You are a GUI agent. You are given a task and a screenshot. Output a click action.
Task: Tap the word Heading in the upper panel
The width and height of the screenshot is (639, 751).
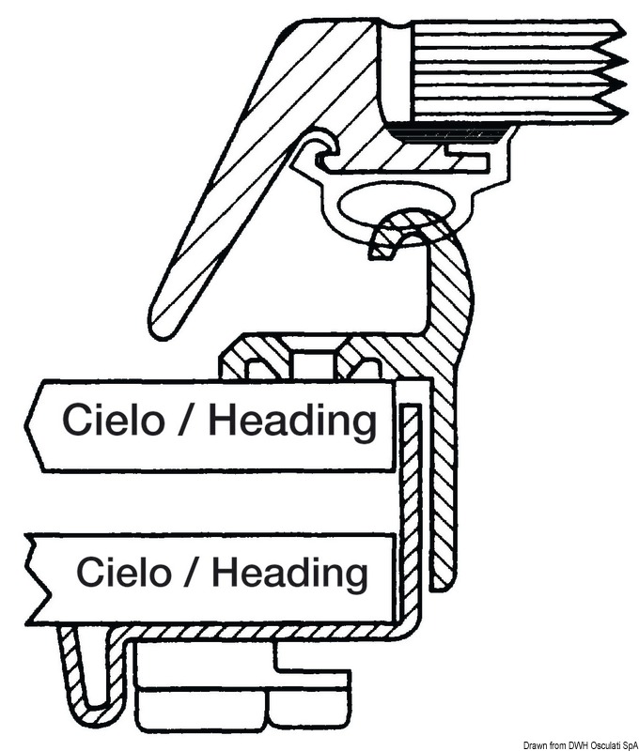point(292,422)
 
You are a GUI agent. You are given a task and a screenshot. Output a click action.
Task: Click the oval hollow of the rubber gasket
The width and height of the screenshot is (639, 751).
point(381,205)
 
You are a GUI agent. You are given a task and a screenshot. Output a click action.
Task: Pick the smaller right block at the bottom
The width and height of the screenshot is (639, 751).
point(310,709)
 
